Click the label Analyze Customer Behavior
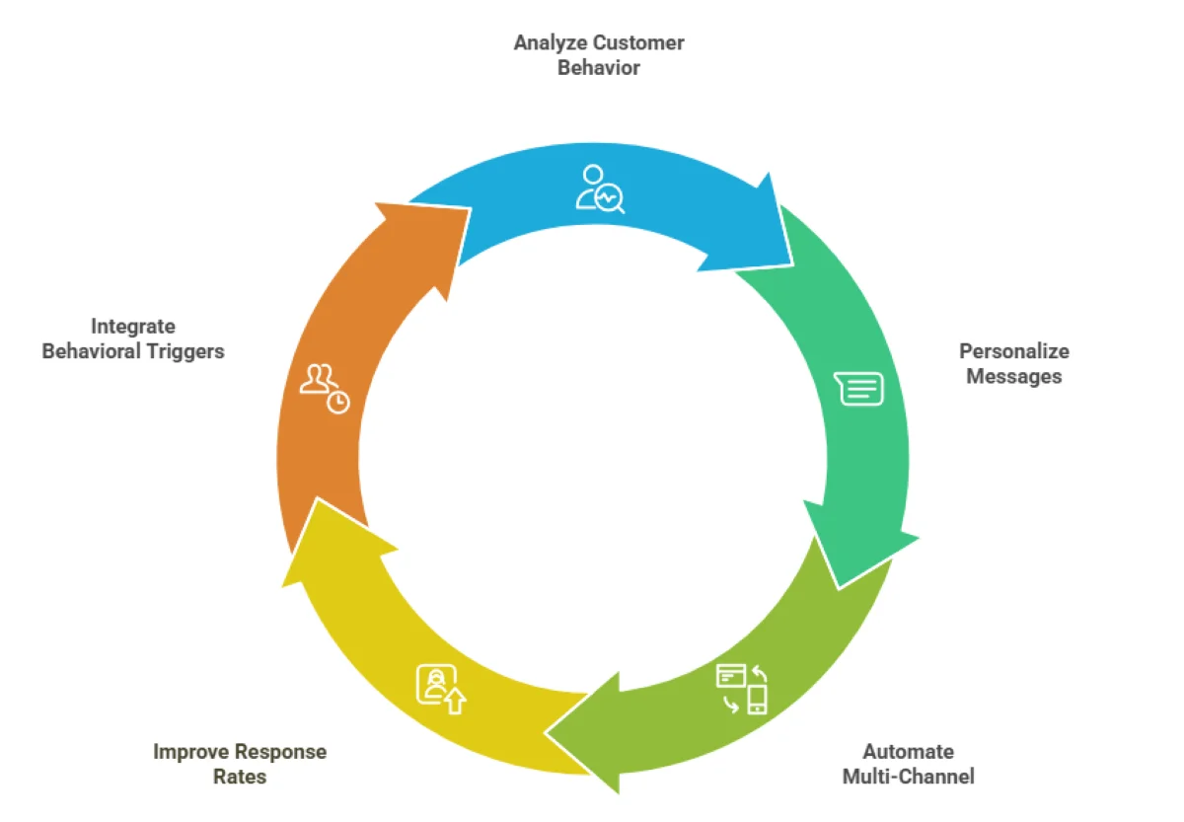(x=599, y=55)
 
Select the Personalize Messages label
(x=1013, y=363)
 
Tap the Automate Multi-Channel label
(x=908, y=764)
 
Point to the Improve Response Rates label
(x=240, y=764)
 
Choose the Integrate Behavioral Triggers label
(x=133, y=338)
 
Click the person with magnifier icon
(x=600, y=188)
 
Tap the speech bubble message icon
(x=859, y=389)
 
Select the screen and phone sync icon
(x=742, y=689)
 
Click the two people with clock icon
(x=325, y=388)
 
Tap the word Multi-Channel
(x=908, y=777)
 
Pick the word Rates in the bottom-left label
(x=240, y=777)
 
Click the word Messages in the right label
(x=1013, y=376)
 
